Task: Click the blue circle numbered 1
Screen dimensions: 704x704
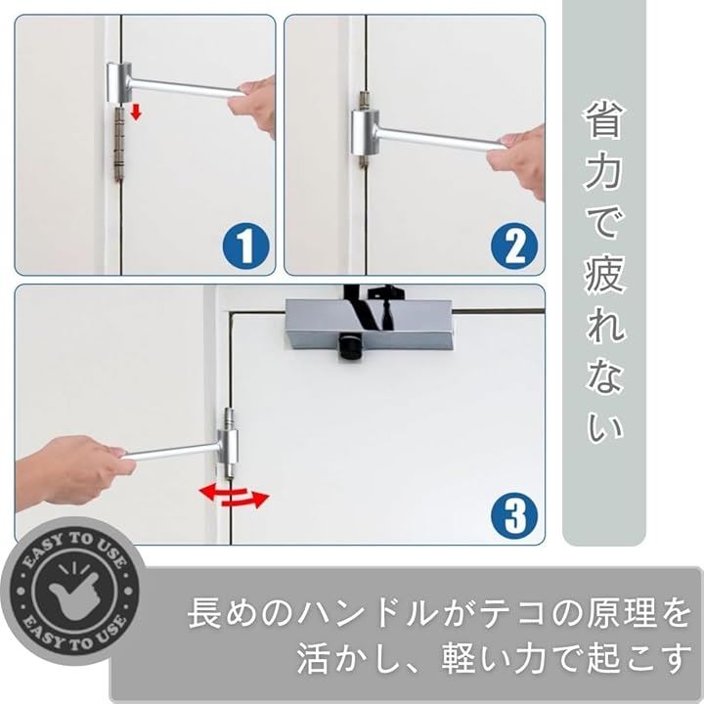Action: click(245, 246)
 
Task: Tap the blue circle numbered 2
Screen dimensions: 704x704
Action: click(514, 246)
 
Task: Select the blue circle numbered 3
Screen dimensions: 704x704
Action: click(514, 515)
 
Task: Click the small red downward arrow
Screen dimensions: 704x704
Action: click(136, 111)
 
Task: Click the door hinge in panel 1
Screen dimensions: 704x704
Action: click(118, 143)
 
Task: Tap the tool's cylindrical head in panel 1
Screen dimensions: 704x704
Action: click(119, 82)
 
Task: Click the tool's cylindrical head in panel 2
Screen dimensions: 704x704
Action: click(365, 133)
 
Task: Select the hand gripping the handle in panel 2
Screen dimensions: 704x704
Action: click(518, 159)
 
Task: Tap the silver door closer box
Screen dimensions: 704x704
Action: click(370, 325)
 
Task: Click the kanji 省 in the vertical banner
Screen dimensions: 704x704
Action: click(603, 119)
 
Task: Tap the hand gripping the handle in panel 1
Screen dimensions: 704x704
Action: click(252, 106)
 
